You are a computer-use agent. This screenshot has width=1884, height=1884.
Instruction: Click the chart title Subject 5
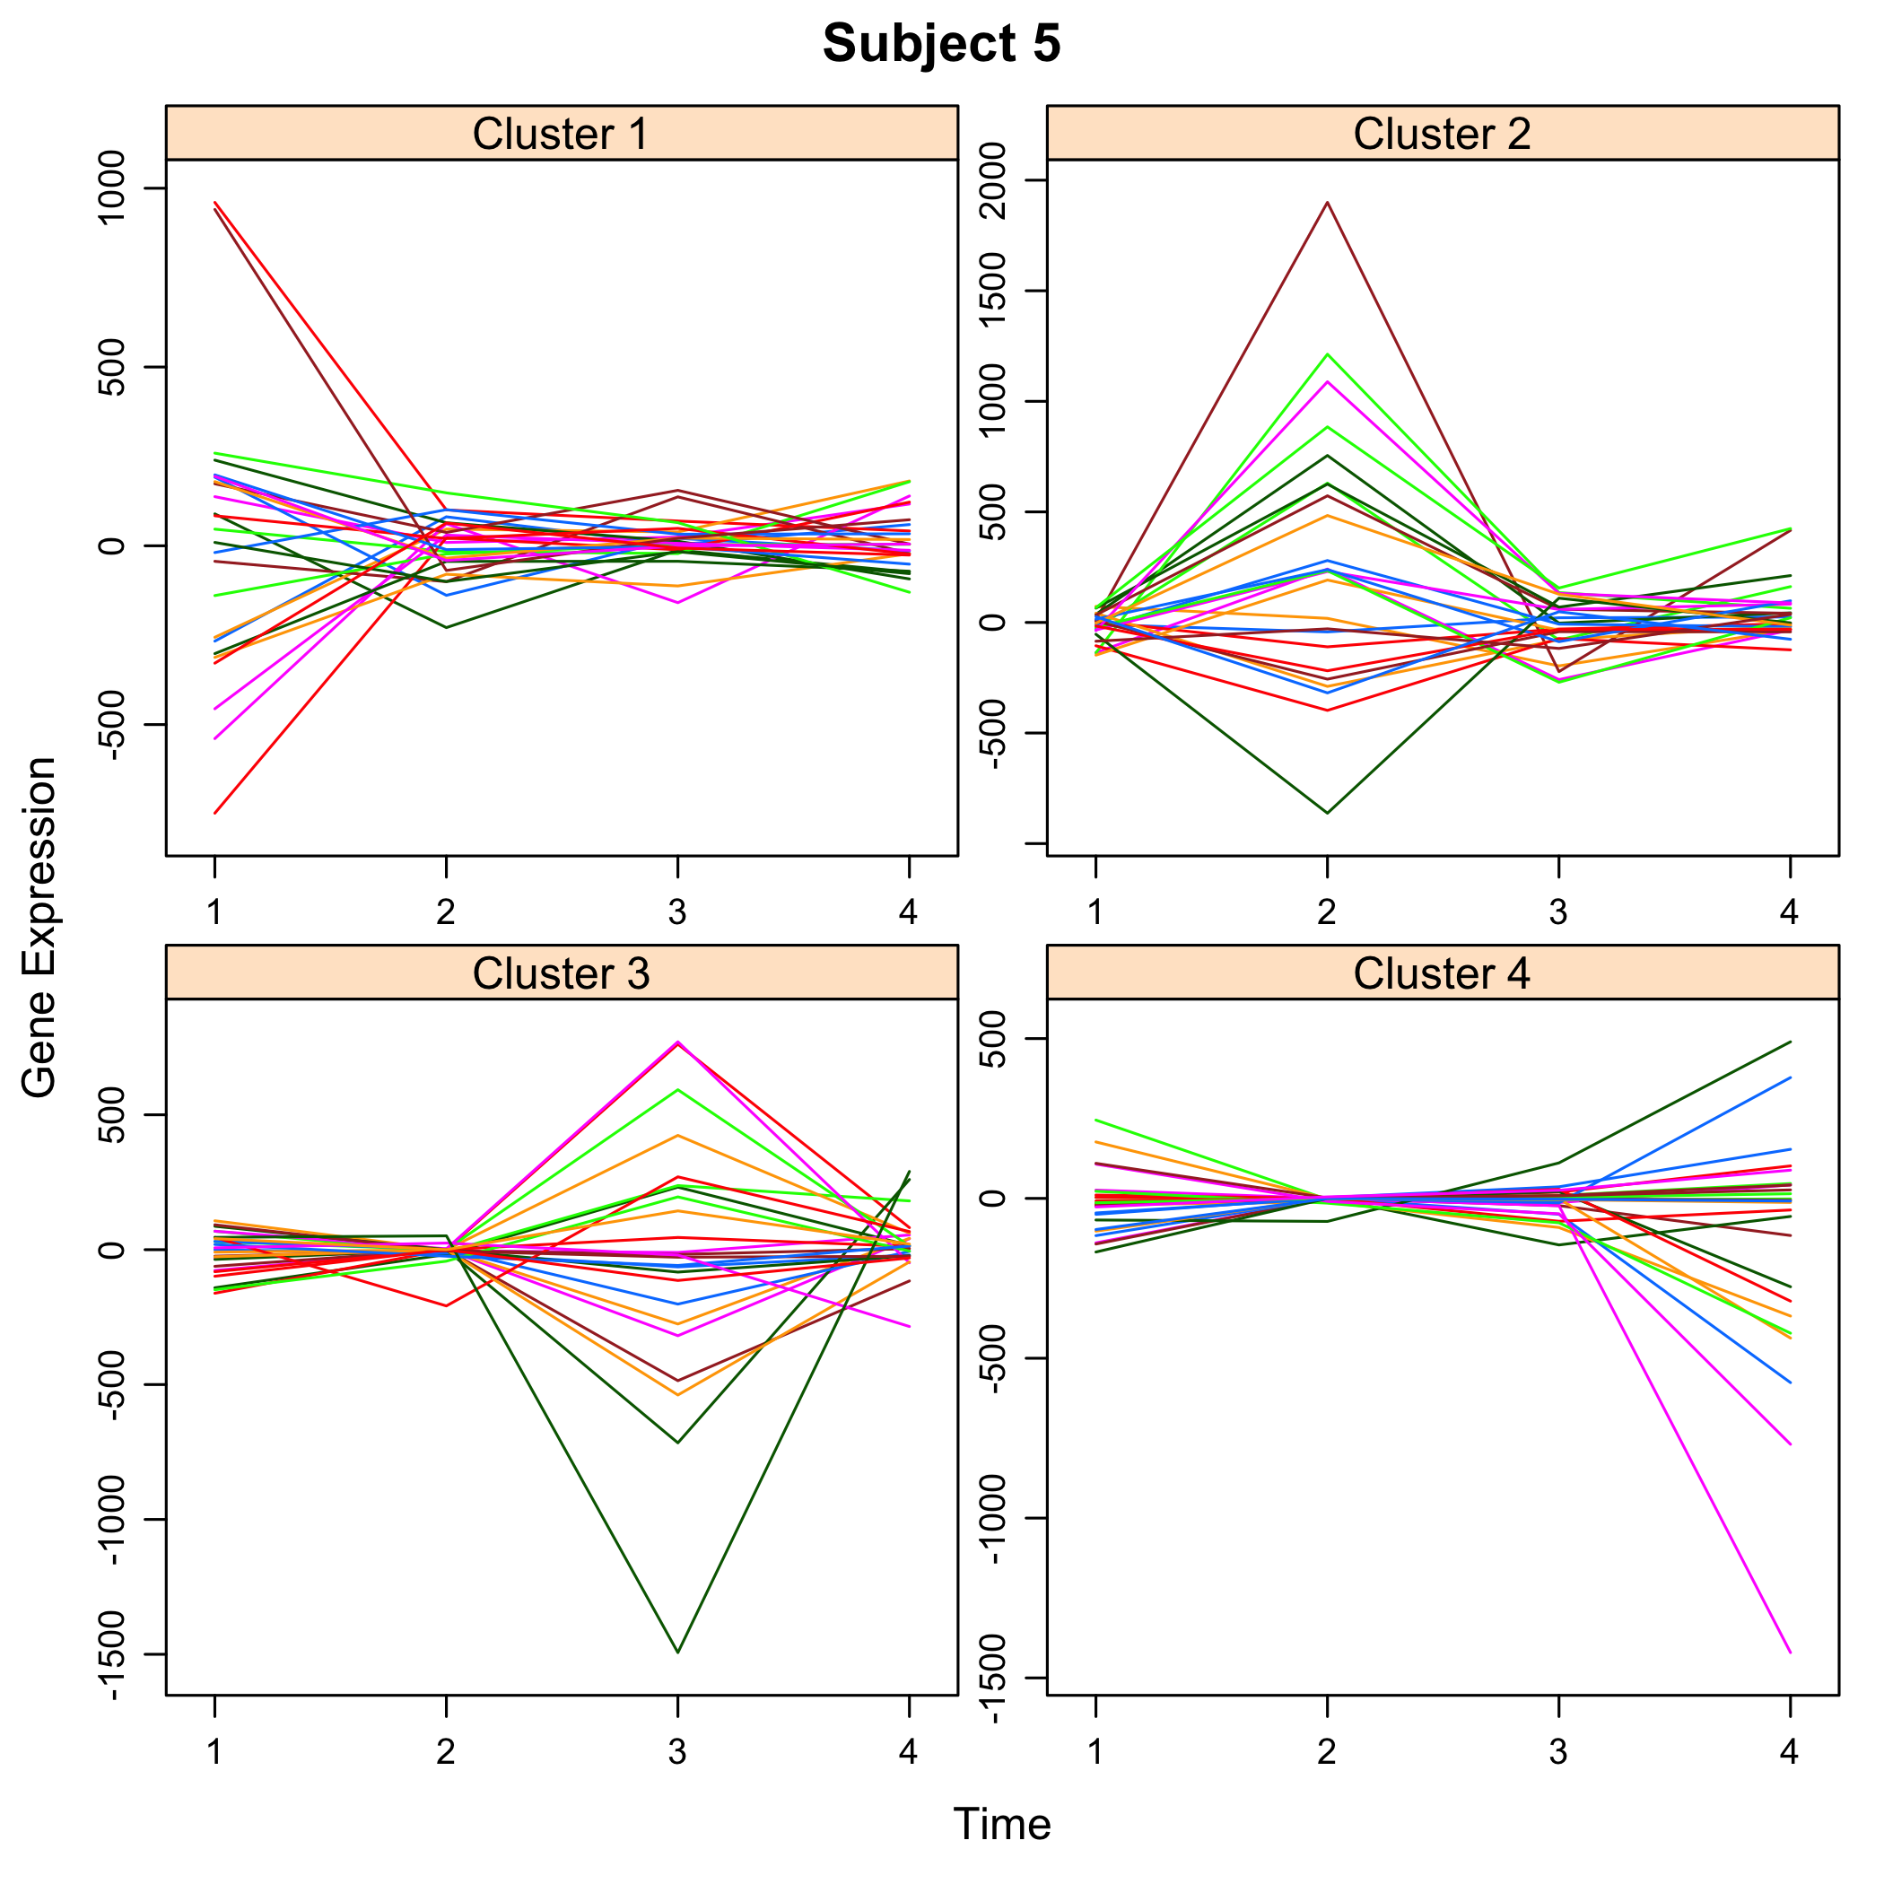point(941,44)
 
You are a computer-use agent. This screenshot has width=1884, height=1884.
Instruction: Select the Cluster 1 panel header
point(561,134)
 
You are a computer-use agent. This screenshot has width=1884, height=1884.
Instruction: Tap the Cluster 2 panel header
point(1442,134)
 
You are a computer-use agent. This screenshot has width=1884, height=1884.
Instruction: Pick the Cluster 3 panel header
point(561,973)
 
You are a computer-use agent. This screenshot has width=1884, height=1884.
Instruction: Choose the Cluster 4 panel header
point(1442,973)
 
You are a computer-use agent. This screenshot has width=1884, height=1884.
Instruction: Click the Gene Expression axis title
point(39,927)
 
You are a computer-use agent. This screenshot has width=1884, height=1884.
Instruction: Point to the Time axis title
point(1001,1824)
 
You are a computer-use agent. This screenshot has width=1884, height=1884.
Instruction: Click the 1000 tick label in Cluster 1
point(115,188)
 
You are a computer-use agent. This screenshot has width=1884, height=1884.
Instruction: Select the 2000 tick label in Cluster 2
point(996,180)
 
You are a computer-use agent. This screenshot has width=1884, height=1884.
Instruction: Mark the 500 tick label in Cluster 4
point(996,1039)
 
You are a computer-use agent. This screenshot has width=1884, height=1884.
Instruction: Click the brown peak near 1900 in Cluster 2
point(1326,203)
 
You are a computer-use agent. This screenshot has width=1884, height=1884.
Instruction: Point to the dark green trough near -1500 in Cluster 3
point(676,1652)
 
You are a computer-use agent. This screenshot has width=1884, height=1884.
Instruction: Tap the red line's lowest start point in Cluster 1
point(214,812)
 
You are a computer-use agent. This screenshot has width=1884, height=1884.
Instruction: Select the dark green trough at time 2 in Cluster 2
point(1326,812)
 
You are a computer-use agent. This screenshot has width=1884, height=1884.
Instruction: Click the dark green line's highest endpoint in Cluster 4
point(1791,1042)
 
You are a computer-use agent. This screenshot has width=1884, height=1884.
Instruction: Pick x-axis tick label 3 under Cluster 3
point(676,1752)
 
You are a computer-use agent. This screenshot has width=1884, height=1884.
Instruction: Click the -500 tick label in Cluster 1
point(115,725)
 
